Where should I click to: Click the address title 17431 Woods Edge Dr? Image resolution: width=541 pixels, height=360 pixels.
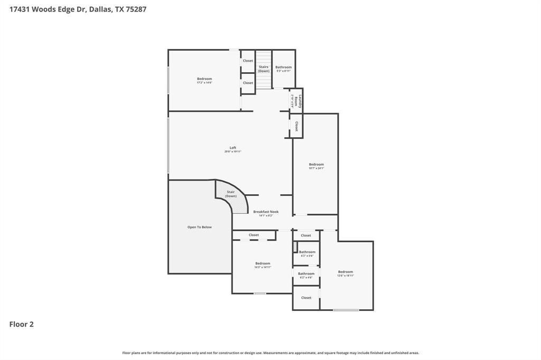pos(78,9)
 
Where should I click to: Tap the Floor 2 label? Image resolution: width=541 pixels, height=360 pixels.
pos(22,324)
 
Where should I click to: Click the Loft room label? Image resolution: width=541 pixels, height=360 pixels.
pos(232,149)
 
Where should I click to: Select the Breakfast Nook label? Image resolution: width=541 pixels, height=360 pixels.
pos(265,213)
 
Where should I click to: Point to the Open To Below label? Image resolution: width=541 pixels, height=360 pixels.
pos(199,227)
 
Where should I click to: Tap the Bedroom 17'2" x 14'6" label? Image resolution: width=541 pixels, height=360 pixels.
pos(204,80)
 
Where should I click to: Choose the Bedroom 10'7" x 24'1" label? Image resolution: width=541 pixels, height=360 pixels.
pos(316,166)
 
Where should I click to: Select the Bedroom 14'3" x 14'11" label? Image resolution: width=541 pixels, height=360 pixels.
pos(263,265)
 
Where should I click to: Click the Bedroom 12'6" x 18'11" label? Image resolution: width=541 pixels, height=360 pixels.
pos(346,273)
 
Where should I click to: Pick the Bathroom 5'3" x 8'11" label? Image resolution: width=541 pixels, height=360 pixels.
pos(283,69)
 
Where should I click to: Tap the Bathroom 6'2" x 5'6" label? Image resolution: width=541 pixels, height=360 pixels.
pos(307,253)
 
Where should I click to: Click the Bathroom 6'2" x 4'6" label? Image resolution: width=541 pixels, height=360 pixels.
pos(306,275)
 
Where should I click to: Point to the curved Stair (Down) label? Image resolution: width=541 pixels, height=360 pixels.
pos(231,194)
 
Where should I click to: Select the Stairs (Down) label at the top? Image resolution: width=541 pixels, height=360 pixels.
pos(264,69)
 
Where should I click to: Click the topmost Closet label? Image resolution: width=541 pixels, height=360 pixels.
pos(248,61)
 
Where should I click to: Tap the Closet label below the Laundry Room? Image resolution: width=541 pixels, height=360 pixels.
pos(297,127)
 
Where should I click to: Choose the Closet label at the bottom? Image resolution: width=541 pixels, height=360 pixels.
pos(306,298)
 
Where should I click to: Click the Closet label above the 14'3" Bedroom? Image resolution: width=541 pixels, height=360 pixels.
pos(254,235)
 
